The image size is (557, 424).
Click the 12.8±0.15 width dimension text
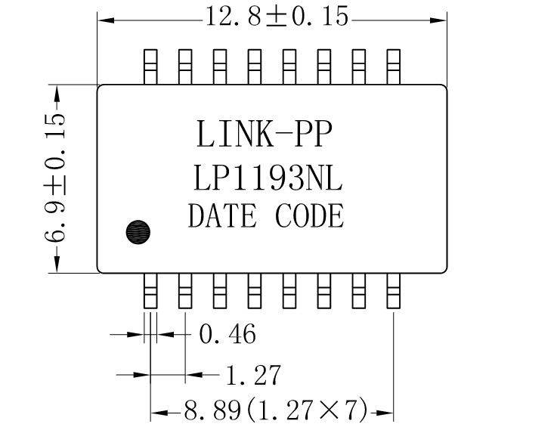pos(277,17)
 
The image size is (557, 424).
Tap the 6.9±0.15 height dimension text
pos(55,178)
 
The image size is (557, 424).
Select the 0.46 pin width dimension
pos(227,333)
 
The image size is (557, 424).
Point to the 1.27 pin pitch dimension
pos(252,373)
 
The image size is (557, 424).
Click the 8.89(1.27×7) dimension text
pos(275,411)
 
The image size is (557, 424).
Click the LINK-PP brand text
pos(264,135)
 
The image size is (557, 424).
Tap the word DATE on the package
pos(221,217)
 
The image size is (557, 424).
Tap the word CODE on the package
pos(309,217)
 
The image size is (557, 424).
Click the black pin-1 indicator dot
pos(138,231)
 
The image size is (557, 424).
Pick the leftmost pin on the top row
pos(150,66)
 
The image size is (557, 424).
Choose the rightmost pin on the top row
pos(393,66)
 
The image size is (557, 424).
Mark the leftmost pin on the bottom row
pos(150,290)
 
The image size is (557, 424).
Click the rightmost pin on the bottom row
pos(393,290)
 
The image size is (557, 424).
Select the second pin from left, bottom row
pos(184,290)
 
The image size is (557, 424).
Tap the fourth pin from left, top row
pos(254,66)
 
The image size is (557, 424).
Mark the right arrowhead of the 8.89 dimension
pos(387,413)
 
